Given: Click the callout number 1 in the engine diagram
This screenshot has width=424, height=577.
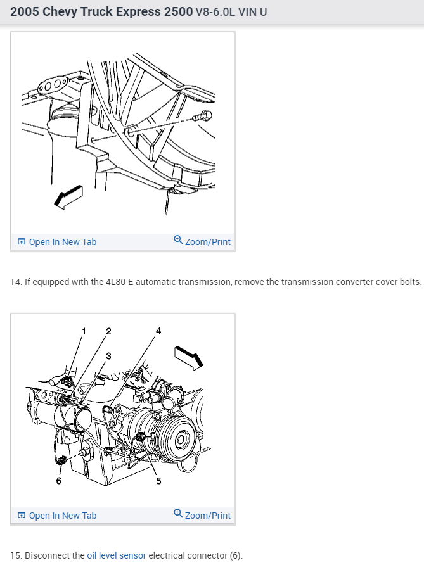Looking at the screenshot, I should click(x=83, y=331).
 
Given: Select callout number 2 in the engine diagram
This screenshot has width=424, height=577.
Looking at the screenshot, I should click(x=108, y=331).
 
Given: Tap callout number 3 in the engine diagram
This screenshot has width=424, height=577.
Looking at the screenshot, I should click(x=108, y=356).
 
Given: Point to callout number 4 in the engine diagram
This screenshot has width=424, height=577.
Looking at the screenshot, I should click(x=158, y=331).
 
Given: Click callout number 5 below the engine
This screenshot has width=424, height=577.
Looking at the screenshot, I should click(x=158, y=481).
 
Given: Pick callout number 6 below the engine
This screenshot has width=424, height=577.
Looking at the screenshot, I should click(x=58, y=481).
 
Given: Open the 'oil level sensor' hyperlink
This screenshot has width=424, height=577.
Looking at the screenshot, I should click(x=117, y=555).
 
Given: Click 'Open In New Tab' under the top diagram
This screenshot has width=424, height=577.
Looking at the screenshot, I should click(x=63, y=242).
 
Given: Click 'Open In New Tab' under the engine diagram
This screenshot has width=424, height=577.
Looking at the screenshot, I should click(x=63, y=516).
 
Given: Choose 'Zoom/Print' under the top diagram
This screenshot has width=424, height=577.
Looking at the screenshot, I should click(x=207, y=242).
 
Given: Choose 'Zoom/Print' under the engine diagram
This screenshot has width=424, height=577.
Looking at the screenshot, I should click(x=207, y=516).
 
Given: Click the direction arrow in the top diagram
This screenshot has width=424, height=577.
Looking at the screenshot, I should click(x=68, y=196).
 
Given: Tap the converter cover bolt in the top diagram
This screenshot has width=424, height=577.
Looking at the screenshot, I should click(x=205, y=116).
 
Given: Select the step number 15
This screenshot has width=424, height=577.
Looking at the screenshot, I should click(x=15, y=555).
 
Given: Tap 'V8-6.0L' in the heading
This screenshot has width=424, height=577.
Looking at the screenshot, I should click(x=217, y=12).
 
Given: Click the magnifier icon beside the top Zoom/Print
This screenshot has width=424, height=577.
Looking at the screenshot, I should click(x=178, y=240).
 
